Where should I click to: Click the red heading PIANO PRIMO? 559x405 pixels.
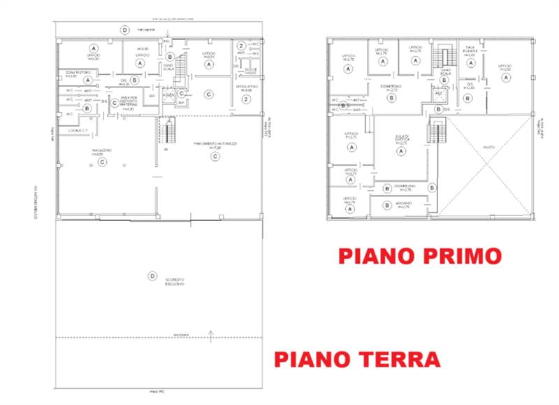click(420, 255)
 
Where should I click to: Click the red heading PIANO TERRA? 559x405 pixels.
click(357, 359)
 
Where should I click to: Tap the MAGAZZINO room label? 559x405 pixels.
click(102, 151)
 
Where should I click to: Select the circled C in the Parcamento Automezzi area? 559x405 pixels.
click(216, 157)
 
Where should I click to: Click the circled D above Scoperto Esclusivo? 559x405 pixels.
click(152, 276)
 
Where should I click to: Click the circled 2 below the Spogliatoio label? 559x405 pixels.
click(246, 99)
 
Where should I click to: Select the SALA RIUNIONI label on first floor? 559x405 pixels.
click(470, 52)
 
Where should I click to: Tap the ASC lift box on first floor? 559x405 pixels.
click(440, 93)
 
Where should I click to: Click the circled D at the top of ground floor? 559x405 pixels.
click(124, 29)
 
